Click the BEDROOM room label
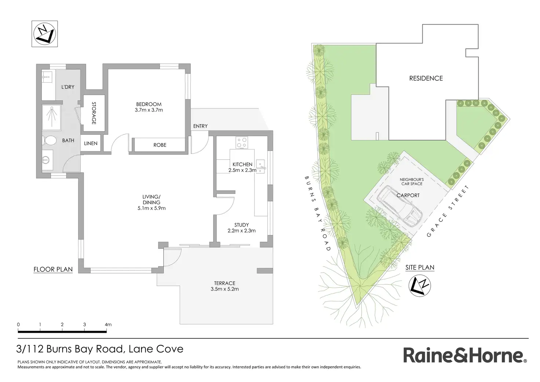[x=149, y=104]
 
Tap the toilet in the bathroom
[x=49, y=140]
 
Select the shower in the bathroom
[x=51, y=118]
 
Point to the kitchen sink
[x=260, y=166]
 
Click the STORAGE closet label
[x=94, y=113]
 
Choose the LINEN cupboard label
[x=91, y=143]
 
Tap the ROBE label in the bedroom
[x=160, y=145]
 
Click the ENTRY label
[x=200, y=126]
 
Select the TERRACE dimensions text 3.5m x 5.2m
[x=225, y=289]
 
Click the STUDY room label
[x=241, y=225]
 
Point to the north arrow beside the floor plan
[x=45, y=34]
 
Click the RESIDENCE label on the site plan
[x=426, y=79]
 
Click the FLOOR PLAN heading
[x=53, y=270]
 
